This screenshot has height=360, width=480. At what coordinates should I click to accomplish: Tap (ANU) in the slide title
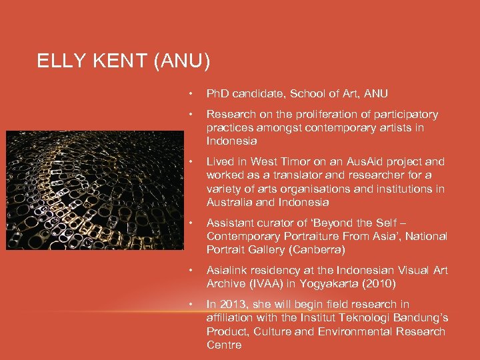click(182, 62)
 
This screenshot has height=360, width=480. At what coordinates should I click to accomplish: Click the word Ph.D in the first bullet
click(219, 94)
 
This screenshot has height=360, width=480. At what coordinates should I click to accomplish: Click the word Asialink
click(226, 271)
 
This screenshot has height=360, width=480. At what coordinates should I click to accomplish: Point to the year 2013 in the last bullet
click(234, 305)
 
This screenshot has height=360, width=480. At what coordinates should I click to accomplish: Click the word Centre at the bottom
click(224, 345)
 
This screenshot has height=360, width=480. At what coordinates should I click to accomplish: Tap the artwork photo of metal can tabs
click(95, 190)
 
